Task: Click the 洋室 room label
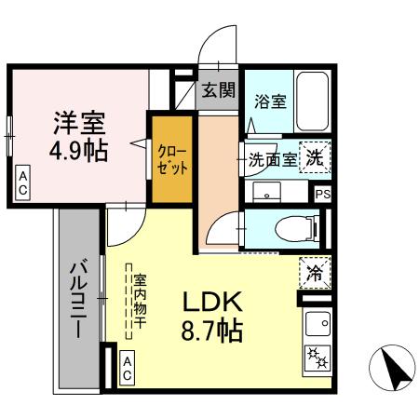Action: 79,122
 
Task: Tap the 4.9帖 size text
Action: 79,149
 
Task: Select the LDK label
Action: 211,303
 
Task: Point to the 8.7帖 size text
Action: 211,331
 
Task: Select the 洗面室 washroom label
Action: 273,159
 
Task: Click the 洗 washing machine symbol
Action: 317,158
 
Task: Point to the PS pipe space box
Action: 322,194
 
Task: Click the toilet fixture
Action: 297,225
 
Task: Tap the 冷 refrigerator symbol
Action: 316,274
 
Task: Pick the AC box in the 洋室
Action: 22,182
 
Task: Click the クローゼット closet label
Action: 173,160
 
